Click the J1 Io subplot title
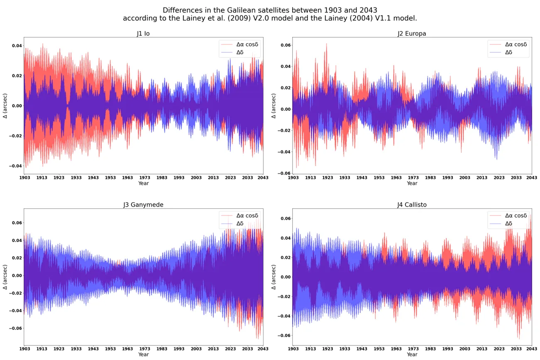pyautogui.click(x=143, y=34)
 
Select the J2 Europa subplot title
pyautogui.click(x=412, y=34)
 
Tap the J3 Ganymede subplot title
pyautogui.click(x=143, y=205)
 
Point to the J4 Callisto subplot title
pyautogui.click(x=412, y=205)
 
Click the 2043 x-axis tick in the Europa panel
pyautogui.click(x=532, y=178)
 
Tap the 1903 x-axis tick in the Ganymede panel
pyautogui.click(x=24, y=349)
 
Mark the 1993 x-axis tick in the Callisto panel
pyautogui.click(x=447, y=349)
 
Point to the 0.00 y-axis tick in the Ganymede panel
pyautogui.click(x=17, y=275)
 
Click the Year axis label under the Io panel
pyautogui.click(x=143, y=184)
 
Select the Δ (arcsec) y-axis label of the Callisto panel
pyautogui.click(x=274, y=277)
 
